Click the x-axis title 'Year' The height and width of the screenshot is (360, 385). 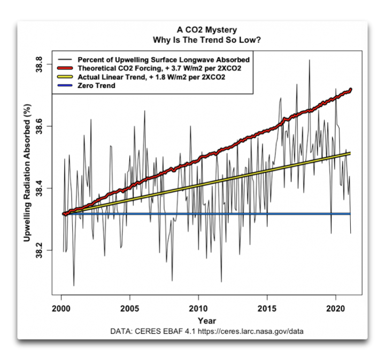(x=207, y=321)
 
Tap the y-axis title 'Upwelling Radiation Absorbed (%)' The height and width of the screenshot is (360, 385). (x=27, y=172)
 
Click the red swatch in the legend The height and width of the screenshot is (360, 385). (x=65, y=68)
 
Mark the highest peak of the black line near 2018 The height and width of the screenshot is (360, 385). (x=309, y=60)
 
